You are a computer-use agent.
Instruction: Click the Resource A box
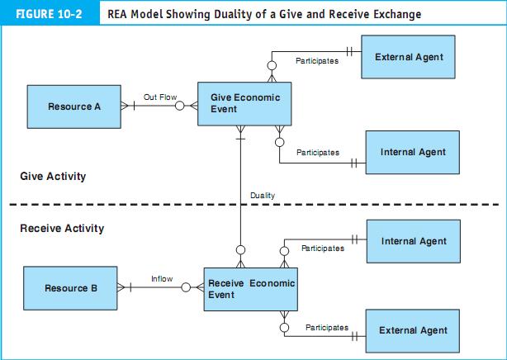69,107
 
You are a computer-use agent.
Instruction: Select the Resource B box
71,288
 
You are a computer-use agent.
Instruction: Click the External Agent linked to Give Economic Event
408,57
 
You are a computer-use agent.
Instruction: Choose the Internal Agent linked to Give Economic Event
413,152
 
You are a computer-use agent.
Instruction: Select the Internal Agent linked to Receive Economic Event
413,241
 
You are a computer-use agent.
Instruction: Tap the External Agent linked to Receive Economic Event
413,330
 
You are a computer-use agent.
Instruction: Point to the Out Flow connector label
160,97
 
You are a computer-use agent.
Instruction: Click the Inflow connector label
162,279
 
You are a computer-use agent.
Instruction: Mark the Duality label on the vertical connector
263,195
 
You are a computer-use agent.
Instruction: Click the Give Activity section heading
53,177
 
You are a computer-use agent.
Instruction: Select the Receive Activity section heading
62,228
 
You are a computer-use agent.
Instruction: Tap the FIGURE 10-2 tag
47,14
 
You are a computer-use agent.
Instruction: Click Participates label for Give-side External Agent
317,62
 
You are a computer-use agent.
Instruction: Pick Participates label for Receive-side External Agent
326,328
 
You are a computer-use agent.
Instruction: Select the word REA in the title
121,14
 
